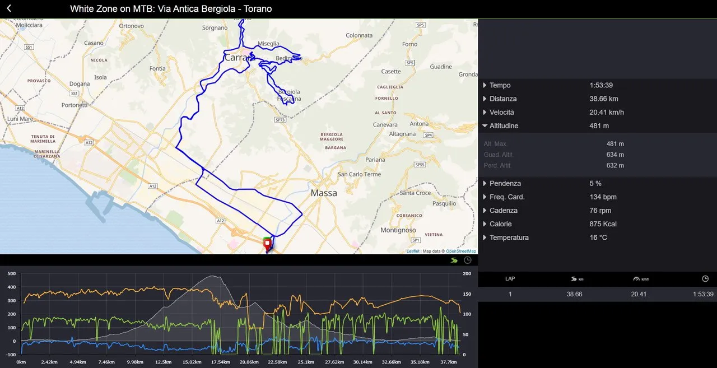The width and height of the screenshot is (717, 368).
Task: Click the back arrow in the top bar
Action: coord(9,8)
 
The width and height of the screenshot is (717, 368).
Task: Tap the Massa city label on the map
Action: coord(324,193)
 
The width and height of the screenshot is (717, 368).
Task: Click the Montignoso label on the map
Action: coord(398,230)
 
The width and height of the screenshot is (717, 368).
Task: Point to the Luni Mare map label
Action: coord(21,119)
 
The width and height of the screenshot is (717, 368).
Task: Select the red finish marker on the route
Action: coord(267,244)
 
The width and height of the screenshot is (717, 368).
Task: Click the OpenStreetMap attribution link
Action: coord(460,251)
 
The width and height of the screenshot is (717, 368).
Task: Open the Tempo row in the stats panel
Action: coord(500,85)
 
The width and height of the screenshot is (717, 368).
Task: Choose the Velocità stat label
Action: coord(503,112)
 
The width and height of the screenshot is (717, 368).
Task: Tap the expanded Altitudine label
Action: coord(504,126)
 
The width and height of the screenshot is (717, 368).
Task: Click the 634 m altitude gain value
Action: coord(615,155)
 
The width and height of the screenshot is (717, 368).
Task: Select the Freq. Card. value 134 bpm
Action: coord(603,197)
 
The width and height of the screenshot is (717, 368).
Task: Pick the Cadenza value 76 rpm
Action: coord(600,211)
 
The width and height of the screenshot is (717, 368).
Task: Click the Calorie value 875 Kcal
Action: coord(603,224)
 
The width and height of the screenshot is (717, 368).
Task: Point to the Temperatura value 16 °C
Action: coord(598,237)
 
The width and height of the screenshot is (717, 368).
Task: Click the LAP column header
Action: coord(510,278)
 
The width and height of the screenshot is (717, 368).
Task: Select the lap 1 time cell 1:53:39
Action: coord(703,294)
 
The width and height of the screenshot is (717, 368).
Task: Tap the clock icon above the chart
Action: coord(468,260)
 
